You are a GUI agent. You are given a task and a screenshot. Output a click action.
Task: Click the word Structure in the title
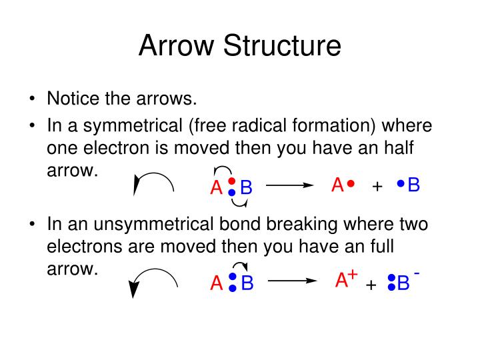pyautogui.click(x=282, y=45)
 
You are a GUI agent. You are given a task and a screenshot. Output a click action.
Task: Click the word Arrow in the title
pyautogui.click(x=176, y=45)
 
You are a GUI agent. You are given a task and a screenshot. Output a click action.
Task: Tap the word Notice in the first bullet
pyautogui.click(x=73, y=98)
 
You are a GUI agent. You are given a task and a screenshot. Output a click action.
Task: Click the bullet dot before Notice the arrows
pyautogui.click(x=32, y=99)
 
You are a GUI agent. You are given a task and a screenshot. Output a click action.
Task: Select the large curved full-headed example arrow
pyautogui.click(x=155, y=270)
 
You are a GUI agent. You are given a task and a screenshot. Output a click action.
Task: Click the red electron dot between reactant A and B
pyautogui.click(x=232, y=181)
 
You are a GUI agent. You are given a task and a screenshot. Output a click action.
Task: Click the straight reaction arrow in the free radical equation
pyautogui.click(x=289, y=185)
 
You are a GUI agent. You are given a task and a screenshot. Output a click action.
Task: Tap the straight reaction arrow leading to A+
pyautogui.click(x=293, y=281)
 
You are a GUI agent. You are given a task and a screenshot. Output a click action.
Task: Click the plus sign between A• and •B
pyautogui.click(x=377, y=186)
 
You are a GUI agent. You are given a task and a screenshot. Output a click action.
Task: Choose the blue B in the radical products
pyautogui.click(x=413, y=185)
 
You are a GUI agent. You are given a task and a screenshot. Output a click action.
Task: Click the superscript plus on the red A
pyautogui.click(x=353, y=275)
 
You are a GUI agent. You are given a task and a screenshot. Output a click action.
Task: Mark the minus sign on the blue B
pyautogui.click(x=417, y=273)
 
